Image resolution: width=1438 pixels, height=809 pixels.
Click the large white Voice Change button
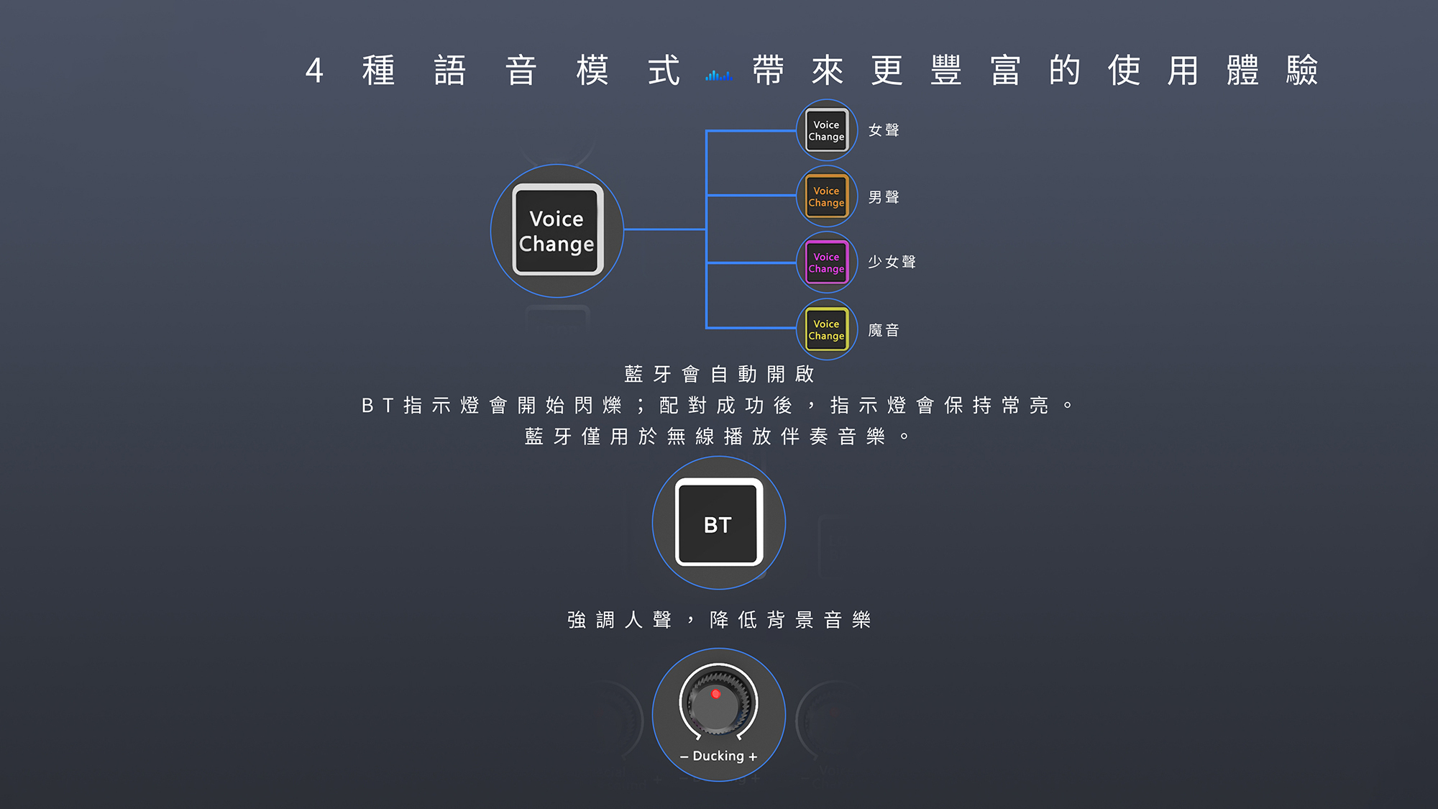(557, 230)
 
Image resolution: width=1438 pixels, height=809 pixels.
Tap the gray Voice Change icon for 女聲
(826, 131)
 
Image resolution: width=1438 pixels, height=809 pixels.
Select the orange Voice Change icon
(826, 197)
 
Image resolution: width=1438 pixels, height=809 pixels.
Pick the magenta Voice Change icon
(826, 263)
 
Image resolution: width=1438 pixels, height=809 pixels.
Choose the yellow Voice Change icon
(826, 330)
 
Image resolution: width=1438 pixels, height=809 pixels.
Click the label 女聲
(884, 130)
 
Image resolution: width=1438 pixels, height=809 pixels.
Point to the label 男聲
(884, 197)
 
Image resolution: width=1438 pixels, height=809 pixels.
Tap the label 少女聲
(892, 262)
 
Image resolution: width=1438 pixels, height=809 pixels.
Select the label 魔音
(884, 330)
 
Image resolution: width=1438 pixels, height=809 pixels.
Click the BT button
(718, 523)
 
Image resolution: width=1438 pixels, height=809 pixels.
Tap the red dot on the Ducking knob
(715, 694)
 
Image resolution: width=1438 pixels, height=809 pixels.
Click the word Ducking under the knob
(718, 756)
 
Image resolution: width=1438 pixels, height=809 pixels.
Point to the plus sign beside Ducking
(753, 757)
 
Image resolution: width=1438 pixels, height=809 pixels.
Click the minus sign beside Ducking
(684, 757)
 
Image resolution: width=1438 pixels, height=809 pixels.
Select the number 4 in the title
(314, 70)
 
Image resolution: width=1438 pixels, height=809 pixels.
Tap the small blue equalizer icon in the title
(718, 75)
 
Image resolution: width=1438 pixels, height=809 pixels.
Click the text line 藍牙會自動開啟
(719, 374)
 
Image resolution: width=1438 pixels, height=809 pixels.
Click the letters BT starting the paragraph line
(377, 406)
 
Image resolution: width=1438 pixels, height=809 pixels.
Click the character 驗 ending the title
(1302, 70)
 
